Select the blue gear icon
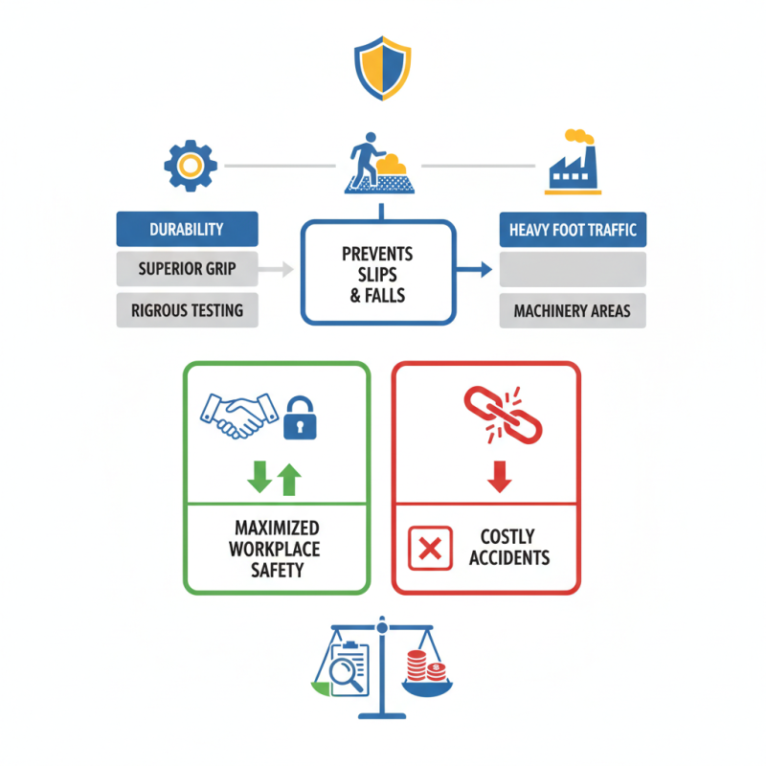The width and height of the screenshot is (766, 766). click(191, 166)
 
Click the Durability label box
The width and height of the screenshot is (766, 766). click(187, 230)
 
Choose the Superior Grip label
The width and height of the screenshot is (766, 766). click(187, 269)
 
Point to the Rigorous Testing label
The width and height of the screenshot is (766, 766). click(187, 310)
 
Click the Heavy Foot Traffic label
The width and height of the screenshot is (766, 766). click(573, 230)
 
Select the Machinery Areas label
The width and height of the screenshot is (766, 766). click(573, 310)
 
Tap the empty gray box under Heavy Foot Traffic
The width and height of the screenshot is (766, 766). click(573, 270)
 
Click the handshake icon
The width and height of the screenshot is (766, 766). click(236, 413)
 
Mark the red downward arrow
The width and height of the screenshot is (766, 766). click(497, 476)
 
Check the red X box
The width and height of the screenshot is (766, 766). click(430, 548)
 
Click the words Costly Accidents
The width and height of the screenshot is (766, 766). click(508, 547)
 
